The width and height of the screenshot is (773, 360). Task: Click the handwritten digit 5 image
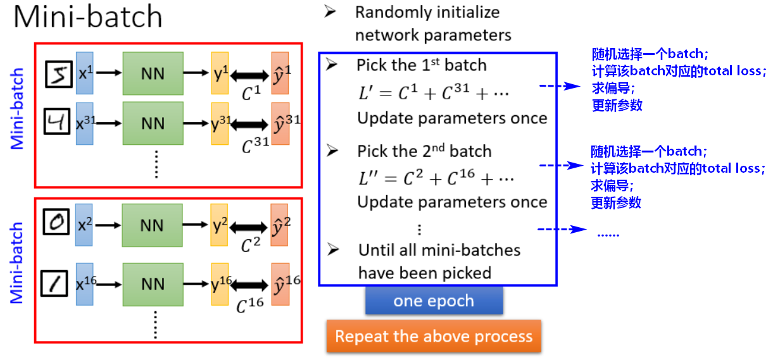pos(59,74)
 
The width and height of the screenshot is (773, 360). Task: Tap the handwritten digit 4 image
pos(57,121)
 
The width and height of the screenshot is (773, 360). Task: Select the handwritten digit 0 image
pos(56,221)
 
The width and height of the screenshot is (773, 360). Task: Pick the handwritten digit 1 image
pos(54,284)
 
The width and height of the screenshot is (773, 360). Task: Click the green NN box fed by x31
pos(153,123)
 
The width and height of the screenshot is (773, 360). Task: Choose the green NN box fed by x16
pos(153,285)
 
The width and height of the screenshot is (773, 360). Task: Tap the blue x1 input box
pos(85,73)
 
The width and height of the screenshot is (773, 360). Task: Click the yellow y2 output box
pos(219,225)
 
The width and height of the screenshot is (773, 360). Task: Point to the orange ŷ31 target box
pos(280,123)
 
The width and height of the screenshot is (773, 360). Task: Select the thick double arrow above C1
pos(249,75)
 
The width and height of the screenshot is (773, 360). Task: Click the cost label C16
pos(250,305)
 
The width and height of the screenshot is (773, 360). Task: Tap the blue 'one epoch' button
pos(434,301)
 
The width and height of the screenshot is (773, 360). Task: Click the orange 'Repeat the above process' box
pos(434,336)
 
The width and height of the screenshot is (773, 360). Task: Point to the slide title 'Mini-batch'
pos(87,16)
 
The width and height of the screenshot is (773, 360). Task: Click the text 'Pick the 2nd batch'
pos(424,151)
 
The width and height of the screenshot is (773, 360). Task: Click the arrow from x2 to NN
pos(108,225)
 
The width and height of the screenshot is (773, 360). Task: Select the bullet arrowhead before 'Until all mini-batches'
pos(334,249)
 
